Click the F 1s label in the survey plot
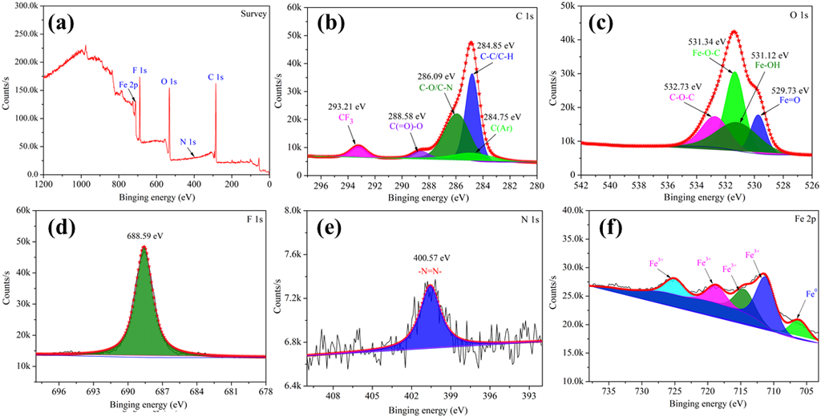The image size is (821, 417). [x=140, y=71]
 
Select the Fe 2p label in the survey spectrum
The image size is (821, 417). [x=131, y=84]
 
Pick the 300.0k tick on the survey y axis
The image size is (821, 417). [x=23, y=6]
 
